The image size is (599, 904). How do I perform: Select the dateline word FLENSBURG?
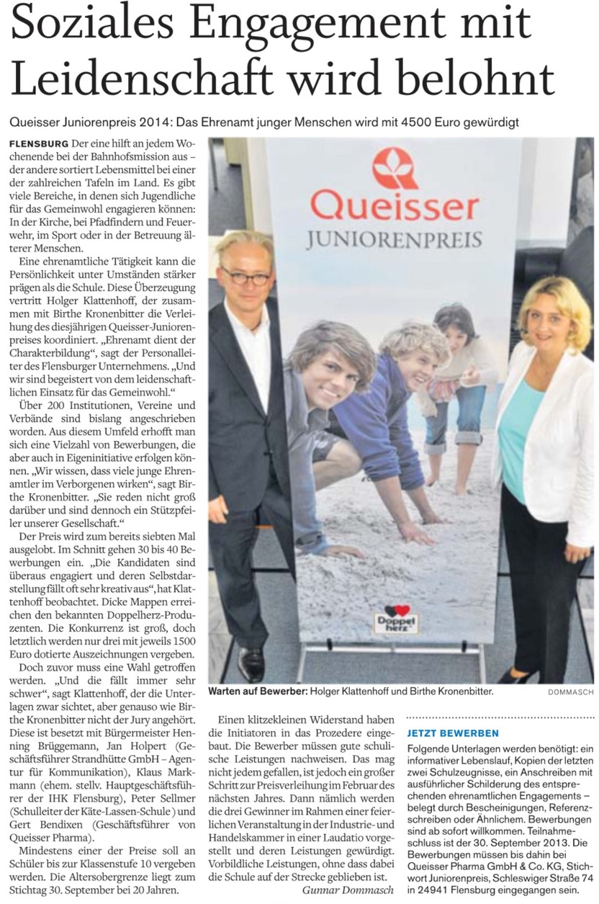tap(40, 144)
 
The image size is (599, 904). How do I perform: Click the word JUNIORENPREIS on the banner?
tap(395, 238)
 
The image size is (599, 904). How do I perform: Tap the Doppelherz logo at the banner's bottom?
tap(397, 620)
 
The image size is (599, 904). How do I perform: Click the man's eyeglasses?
tap(245, 276)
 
